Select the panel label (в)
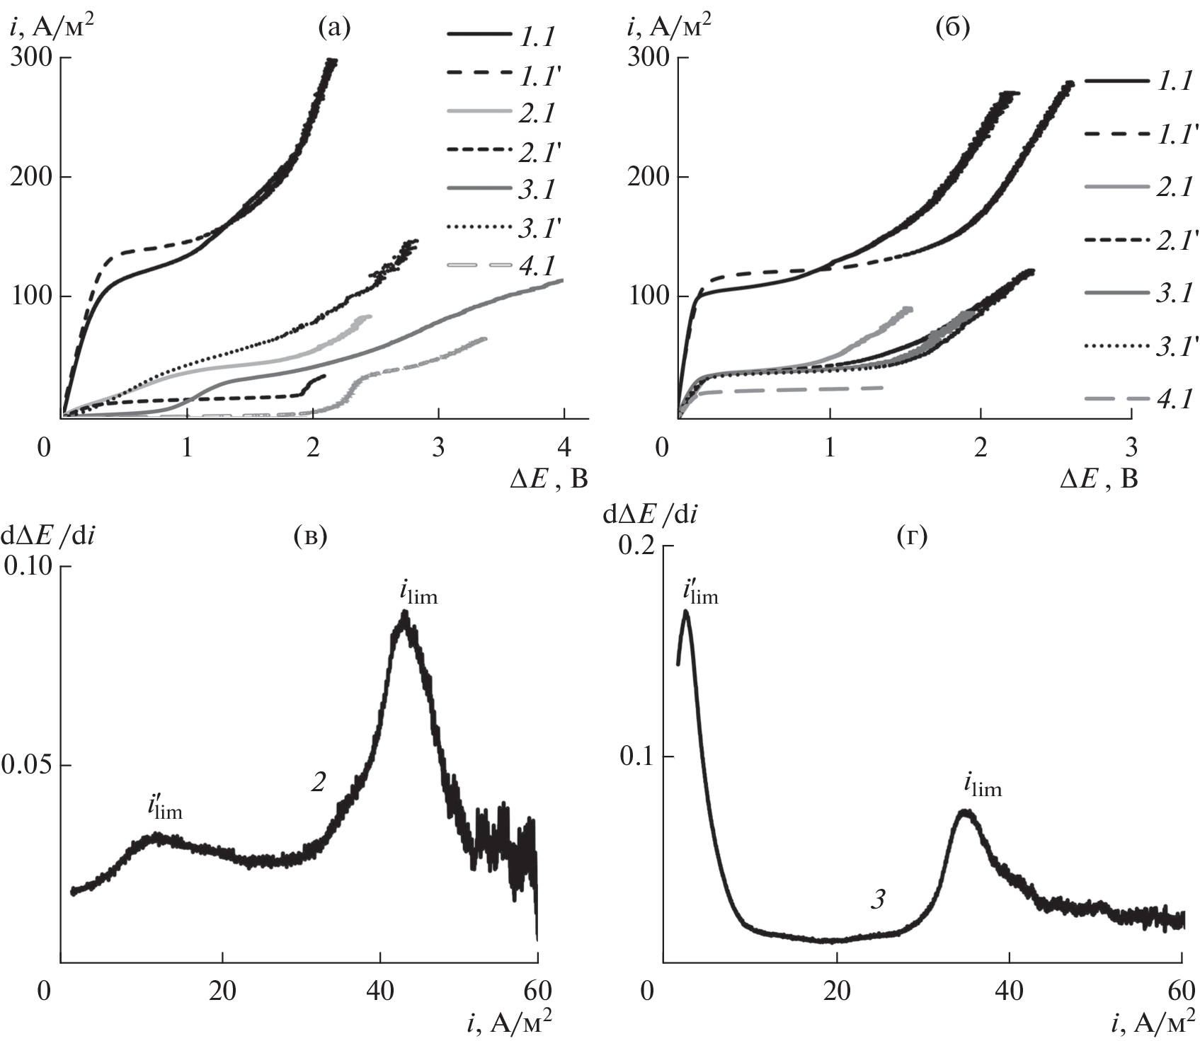[310, 537]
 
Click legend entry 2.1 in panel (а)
[537, 113]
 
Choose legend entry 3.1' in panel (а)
[540, 228]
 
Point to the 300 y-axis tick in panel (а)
[32, 58]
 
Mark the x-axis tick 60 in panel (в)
[537, 991]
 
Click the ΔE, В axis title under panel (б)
[1099, 481]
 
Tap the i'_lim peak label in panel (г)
[699, 592]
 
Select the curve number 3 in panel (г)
[878, 900]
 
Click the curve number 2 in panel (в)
[318, 782]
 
